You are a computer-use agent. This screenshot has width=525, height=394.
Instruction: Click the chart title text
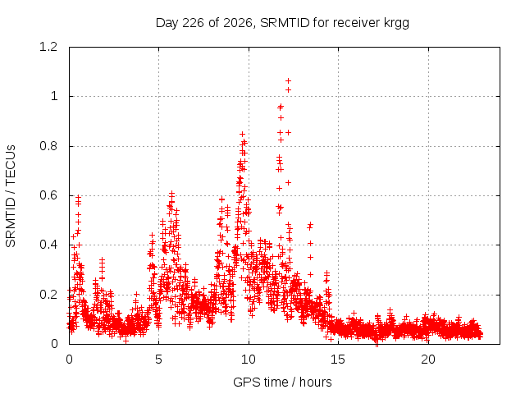click(282, 23)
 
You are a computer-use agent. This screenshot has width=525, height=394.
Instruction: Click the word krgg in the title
click(396, 24)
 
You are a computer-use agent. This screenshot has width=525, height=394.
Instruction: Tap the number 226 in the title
click(193, 23)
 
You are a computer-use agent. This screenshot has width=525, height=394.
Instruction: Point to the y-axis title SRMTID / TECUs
click(11, 196)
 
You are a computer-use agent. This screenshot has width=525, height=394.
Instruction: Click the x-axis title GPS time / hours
click(282, 382)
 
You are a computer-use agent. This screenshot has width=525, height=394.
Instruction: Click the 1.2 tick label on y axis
click(48, 47)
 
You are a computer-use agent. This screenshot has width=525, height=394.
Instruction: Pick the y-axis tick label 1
click(54, 97)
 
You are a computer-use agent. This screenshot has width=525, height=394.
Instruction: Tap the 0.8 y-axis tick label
click(48, 146)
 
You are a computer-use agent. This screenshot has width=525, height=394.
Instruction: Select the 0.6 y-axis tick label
click(48, 195)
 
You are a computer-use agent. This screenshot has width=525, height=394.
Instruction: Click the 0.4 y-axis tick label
click(48, 245)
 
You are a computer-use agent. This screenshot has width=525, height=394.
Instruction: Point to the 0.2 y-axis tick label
click(48, 295)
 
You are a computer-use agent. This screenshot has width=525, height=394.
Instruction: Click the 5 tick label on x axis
click(158, 360)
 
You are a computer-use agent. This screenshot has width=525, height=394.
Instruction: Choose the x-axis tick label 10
click(249, 360)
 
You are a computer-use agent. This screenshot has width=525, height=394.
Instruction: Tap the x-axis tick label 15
click(338, 360)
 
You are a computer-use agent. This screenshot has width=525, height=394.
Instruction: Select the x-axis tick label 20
click(428, 360)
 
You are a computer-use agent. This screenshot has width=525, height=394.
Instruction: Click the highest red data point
click(288, 81)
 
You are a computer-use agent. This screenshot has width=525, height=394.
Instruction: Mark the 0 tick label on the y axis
click(54, 344)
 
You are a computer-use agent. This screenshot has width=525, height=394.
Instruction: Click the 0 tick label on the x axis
click(69, 360)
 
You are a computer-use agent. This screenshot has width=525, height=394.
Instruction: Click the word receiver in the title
click(357, 23)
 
